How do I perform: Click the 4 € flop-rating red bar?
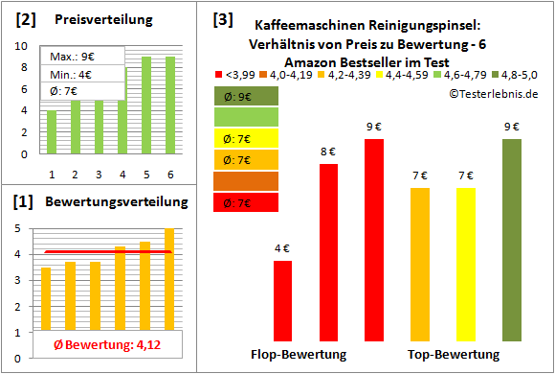(x=282, y=300)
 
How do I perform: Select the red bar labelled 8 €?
(x=328, y=251)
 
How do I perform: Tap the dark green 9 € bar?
(x=512, y=239)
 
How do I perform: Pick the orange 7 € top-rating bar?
(x=420, y=264)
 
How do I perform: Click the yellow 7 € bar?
(x=466, y=264)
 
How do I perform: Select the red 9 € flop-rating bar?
(x=374, y=239)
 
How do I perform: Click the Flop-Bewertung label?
(x=299, y=355)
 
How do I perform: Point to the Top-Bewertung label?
(x=454, y=355)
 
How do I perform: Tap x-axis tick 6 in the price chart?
(x=168, y=174)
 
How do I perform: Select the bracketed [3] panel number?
(x=222, y=18)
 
